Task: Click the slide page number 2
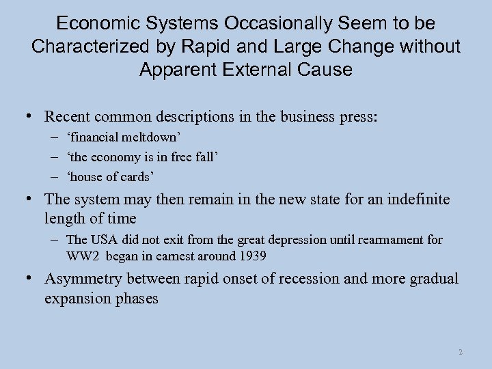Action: (x=461, y=352)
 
